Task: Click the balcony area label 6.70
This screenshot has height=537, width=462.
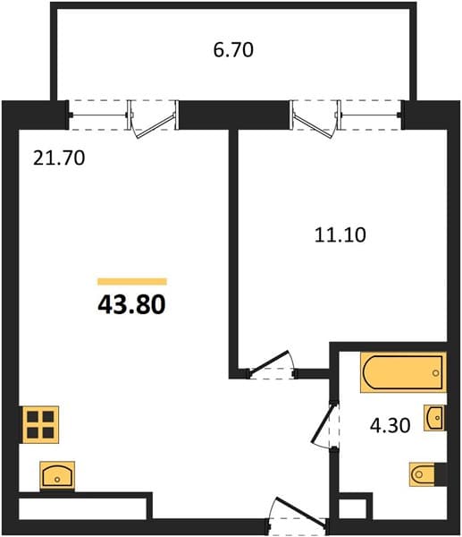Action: click(x=233, y=50)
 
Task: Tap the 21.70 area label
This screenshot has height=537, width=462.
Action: click(x=59, y=158)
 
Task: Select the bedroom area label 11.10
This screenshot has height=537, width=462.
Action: click(x=340, y=235)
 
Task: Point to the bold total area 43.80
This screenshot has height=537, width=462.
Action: click(x=131, y=305)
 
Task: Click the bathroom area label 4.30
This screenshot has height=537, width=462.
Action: click(x=391, y=426)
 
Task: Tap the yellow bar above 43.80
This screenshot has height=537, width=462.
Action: click(x=132, y=282)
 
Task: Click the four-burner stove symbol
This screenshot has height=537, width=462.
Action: click(x=40, y=424)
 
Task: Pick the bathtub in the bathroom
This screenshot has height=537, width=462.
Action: click(x=404, y=372)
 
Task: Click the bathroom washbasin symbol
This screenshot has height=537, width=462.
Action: click(x=435, y=417)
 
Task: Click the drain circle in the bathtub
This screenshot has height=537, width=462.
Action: click(x=436, y=373)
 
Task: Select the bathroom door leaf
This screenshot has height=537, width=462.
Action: click(x=322, y=424)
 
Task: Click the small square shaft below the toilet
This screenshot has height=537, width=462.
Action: click(x=352, y=508)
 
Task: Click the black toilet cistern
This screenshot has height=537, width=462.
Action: click(x=441, y=474)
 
